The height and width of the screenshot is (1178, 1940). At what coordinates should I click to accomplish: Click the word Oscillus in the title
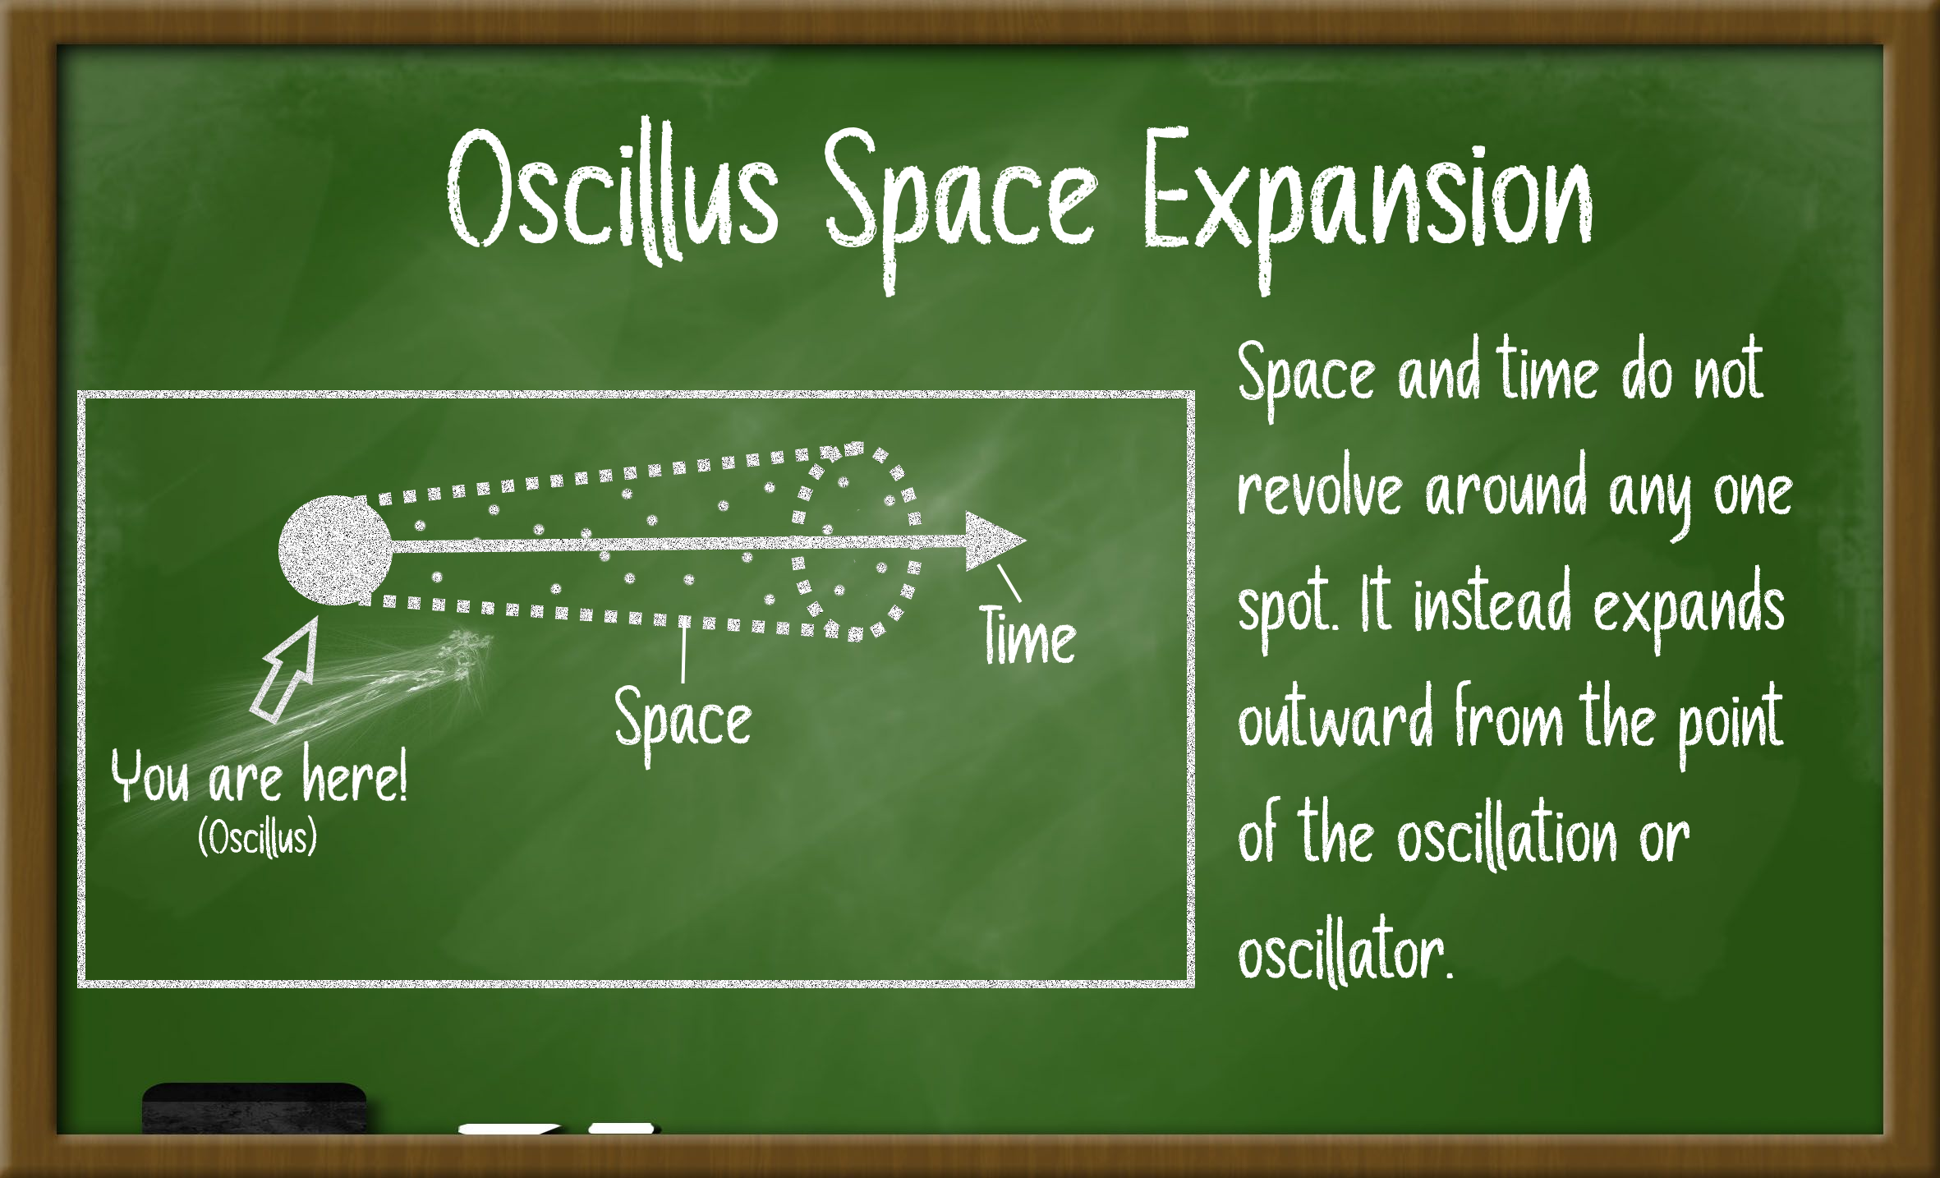(x=613, y=192)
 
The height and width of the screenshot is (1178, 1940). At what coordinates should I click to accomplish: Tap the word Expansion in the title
(x=1367, y=205)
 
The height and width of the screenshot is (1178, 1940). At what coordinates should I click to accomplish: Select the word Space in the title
(x=961, y=205)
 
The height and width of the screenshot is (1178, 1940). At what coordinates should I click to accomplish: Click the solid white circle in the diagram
(x=335, y=550)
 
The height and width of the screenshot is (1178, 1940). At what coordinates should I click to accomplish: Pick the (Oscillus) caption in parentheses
(x=257, y=838)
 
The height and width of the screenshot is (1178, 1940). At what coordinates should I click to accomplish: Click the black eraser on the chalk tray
(x=255, y=1109)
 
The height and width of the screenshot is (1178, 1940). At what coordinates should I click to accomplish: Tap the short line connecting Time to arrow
(x=1009, y=582)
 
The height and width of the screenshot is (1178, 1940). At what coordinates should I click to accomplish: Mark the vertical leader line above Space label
(x=683, y=651)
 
